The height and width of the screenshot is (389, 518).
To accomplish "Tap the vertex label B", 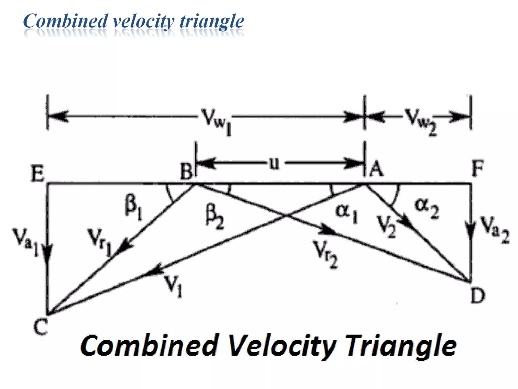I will pyautogui.click(x=186, y=171).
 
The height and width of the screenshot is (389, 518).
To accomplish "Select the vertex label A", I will pyautogui.click(x=376, y=169).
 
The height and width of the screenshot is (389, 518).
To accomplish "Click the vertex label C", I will pyautogui.click(x=40, y=326).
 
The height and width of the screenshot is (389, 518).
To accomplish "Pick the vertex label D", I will pyautogui.click(x=478, y=296).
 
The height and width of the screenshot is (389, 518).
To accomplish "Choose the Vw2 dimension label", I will pyautogui.click(x=420, y=121).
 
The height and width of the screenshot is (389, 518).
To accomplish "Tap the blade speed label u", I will pyautogui.click(x=274, y=163).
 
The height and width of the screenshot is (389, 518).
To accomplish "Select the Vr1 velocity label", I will pyautogui.click(x=99, y=241).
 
